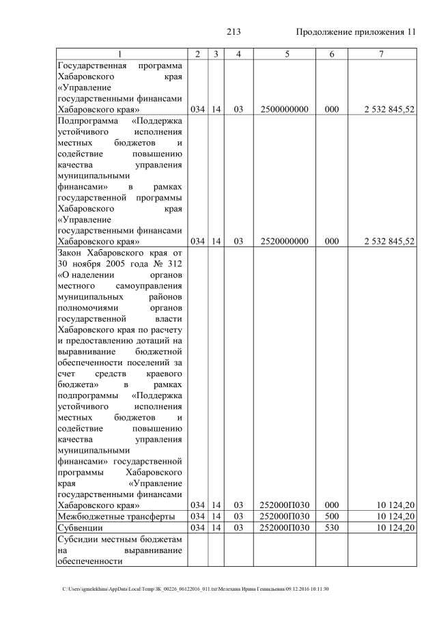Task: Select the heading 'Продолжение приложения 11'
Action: pos(355,32)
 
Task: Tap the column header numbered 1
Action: pos(121,54)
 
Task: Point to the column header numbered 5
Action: pos(285,54)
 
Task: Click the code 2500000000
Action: pos(285,109)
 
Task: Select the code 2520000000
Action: pos(285,241)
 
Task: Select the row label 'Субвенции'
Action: pos(81,528)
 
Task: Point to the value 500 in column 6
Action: pos(332,516)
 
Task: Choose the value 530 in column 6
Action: pos(332,528)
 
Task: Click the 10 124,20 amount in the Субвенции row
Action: pos(395,528)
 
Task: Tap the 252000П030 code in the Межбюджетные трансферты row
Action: pos(285,516)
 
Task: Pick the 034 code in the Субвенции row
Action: pos(197,528)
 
